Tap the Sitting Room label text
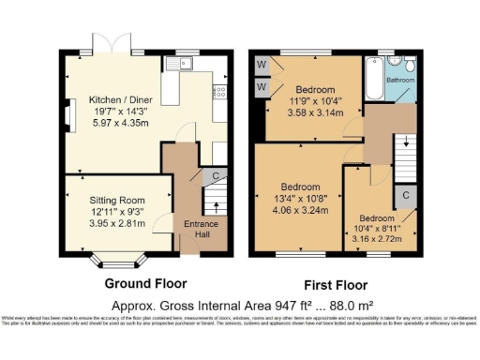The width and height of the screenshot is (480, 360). tap(117, 200)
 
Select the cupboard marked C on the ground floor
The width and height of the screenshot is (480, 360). tap(216, 174)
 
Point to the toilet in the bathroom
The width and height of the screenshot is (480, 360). tap(411, 66)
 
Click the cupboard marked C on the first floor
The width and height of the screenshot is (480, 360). tap(405, 195)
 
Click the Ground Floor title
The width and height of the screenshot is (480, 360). tap(145, 283)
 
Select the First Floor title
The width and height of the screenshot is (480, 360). tap(335, 285)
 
